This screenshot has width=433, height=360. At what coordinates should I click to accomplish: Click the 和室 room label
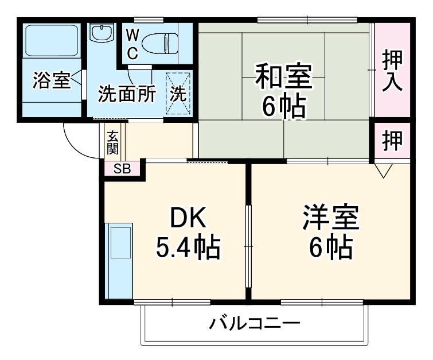tap(284, 77)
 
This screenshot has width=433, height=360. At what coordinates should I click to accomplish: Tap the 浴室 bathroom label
tap(51, 81)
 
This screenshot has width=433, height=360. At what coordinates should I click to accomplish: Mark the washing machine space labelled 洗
tap(178, 93)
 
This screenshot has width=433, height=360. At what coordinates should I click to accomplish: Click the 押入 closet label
tap(393, 70)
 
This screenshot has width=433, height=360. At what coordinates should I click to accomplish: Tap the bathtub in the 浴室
tap(52, 42)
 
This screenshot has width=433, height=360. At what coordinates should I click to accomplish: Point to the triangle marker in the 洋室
tap(384, 171)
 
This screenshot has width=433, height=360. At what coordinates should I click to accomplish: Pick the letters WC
tap(132, 43)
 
